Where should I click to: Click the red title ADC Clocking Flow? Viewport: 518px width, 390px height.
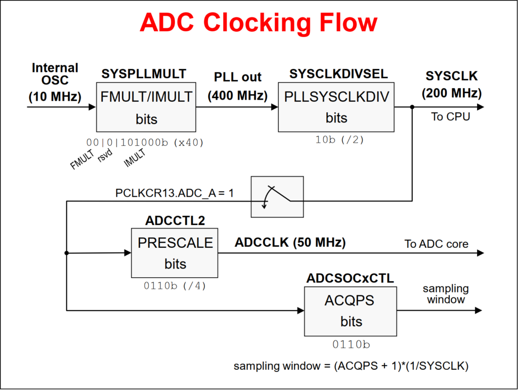[258, 23]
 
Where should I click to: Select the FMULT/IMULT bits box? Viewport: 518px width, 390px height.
[146, 107]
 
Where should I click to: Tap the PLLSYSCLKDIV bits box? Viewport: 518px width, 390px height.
[336, 106]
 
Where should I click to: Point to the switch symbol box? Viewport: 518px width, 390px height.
[277, 197]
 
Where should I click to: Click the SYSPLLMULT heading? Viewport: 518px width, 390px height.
[144, 73]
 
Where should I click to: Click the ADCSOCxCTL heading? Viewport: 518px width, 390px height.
[350, 278]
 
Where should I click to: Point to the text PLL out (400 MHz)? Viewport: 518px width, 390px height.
[237, 86]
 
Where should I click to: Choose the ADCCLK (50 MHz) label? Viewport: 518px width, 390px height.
[290, 242]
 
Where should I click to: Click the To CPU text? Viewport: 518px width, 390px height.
[450, 117]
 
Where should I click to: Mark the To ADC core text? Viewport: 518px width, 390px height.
[436, 244]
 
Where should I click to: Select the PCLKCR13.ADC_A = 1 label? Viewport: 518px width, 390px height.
[175, 193]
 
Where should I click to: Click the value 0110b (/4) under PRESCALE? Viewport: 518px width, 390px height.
[175, 286]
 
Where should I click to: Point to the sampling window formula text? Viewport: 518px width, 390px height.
[351, 366]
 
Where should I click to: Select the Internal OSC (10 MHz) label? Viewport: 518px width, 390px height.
[55, 82]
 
